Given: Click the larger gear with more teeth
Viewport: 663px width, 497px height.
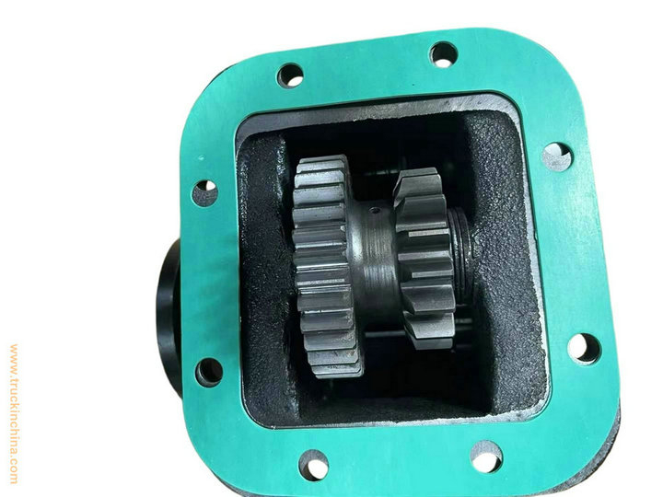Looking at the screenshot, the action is tap(326, 266).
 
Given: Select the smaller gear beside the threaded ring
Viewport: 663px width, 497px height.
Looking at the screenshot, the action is tap(425, 258).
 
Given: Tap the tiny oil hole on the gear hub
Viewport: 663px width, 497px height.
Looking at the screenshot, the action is tap(373, 210).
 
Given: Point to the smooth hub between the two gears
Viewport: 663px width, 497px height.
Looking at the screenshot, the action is tap(374, 258).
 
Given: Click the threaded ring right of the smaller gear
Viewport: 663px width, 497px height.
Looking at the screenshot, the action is tap(461, 254).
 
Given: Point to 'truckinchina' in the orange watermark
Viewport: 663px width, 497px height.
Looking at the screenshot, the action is tap(14, 414).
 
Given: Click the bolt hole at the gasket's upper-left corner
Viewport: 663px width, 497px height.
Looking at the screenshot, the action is tap(290, 75).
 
